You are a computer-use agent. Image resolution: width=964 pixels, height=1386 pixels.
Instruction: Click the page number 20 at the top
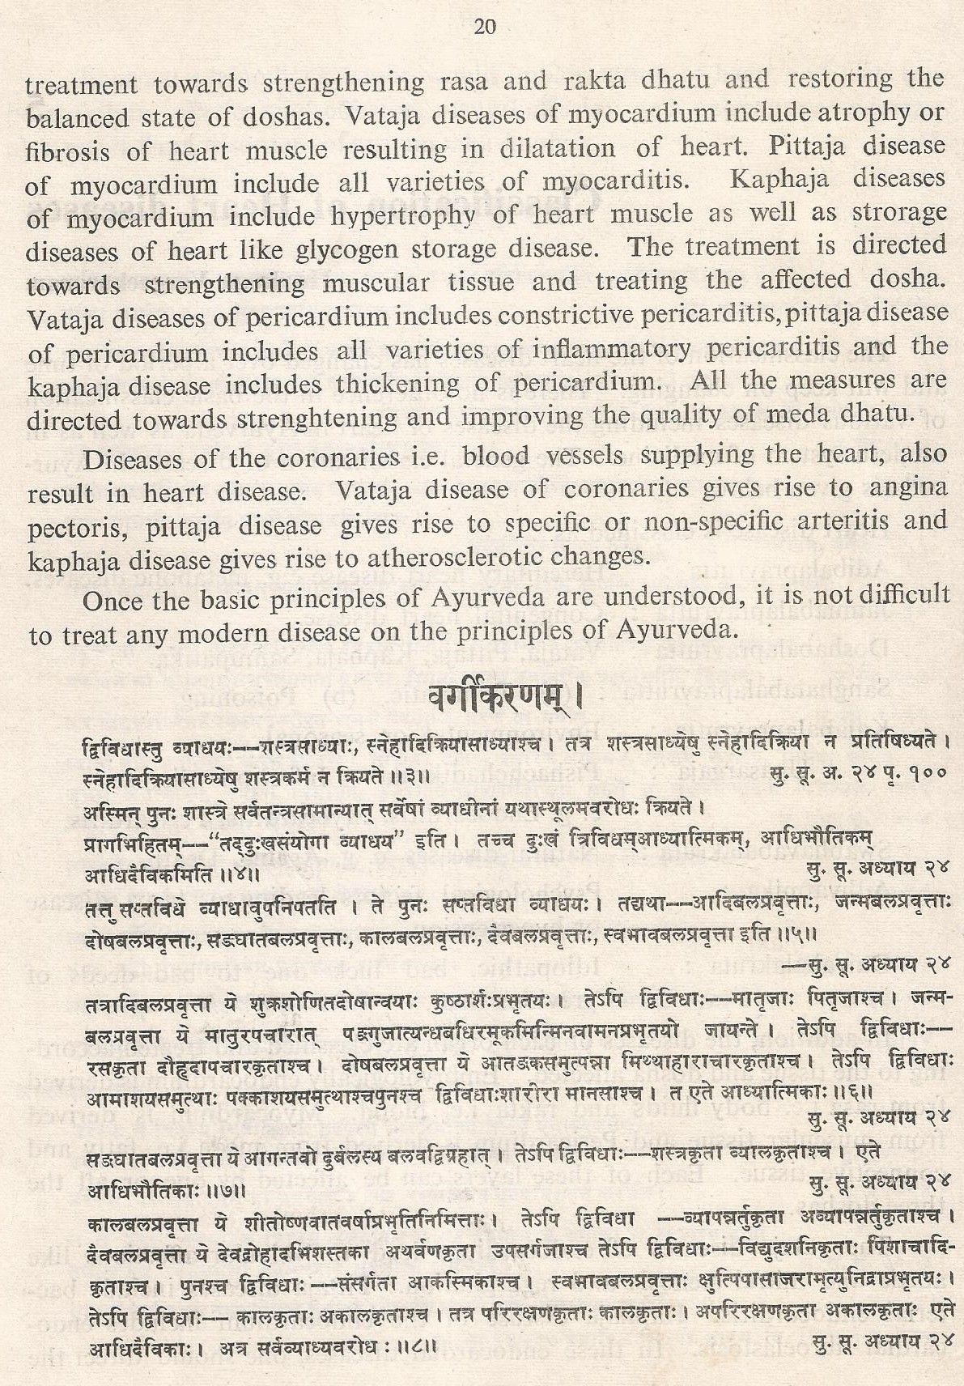pyautogui.click(x=483, y=29)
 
